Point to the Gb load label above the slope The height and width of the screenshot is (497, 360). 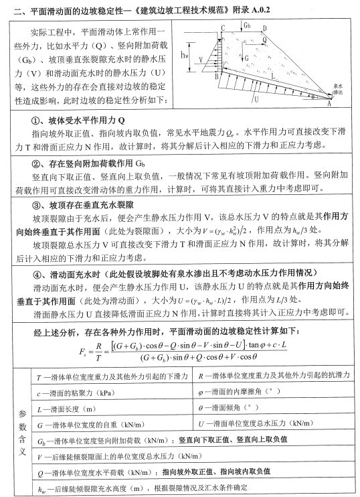[x=248, y=26]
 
